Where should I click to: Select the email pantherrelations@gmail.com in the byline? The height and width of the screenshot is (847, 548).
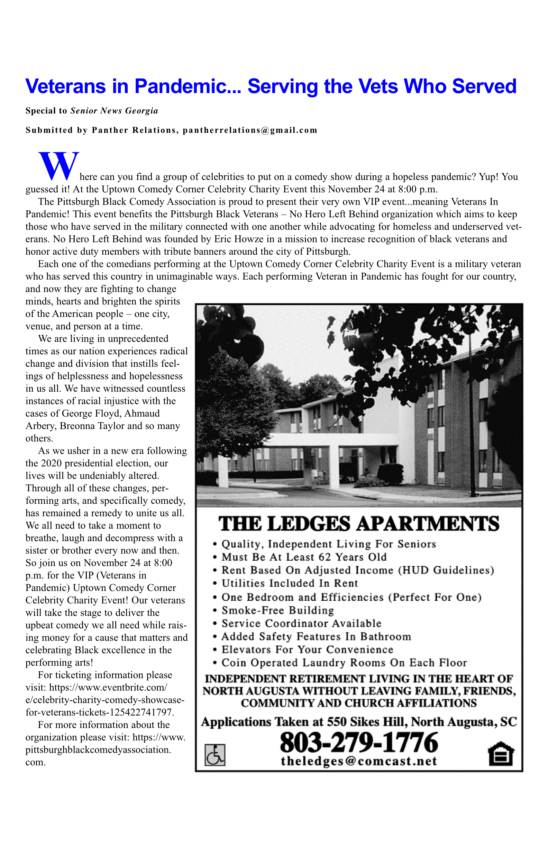[x=250, y=130]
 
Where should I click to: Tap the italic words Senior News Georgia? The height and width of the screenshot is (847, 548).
[x=114, y=111]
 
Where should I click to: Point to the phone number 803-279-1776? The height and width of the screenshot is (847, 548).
[x=359, y=743]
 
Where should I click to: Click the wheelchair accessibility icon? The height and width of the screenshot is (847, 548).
[x=215, y=755]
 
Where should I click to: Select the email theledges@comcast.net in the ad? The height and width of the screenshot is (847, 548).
[x=359, y=761]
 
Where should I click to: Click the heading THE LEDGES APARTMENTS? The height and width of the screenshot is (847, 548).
[x=359, y=524]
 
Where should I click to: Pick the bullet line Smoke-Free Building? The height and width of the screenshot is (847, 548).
[x=277, y=611]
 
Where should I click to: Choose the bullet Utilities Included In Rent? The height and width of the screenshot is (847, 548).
[x=290, y=584]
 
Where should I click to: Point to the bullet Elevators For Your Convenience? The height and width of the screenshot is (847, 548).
[x=308, y=650]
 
